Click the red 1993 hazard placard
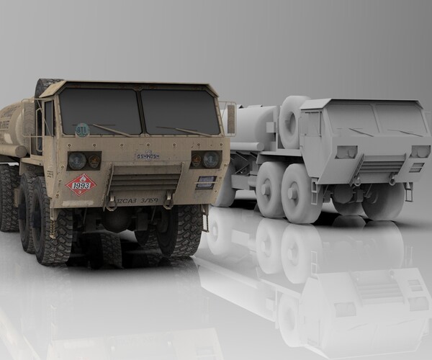(81, 185)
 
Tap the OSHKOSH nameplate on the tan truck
(148, 156)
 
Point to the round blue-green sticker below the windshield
(82, 130)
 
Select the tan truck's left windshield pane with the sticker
(99, 111)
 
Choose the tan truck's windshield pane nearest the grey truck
(179, 112)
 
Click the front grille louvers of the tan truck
(144, 179)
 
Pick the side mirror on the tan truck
(230, 119)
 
